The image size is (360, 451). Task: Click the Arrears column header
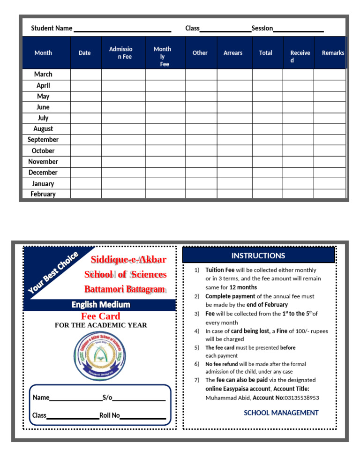232,53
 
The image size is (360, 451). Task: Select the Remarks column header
333,53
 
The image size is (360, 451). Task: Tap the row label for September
43,140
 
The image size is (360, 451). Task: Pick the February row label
43,194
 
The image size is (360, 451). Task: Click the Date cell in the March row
86,75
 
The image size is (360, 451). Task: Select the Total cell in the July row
267,118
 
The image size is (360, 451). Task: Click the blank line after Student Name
122,30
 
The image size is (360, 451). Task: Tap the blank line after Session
299,30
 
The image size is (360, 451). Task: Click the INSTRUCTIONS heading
258,256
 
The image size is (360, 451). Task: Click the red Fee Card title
100,316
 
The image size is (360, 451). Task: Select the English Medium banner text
100,305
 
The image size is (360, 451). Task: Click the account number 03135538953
300,398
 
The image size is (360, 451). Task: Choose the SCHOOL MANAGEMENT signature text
281,413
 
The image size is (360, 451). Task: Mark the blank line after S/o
139,399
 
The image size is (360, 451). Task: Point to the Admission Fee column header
120,53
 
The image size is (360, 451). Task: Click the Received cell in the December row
298,173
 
